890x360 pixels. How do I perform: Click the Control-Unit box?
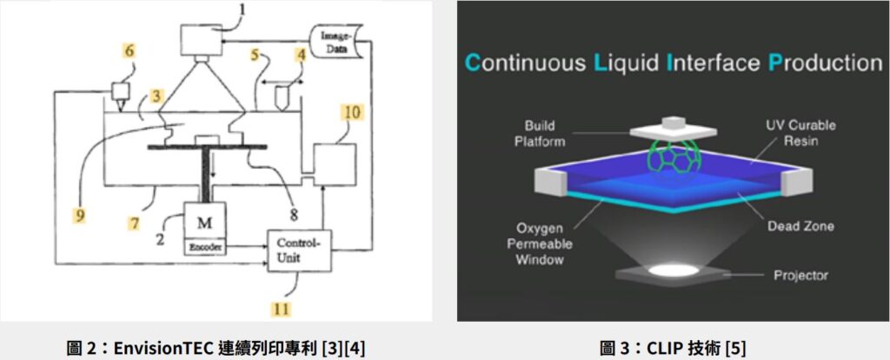pos(300,250)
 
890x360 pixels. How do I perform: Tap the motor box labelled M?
pos(204,222)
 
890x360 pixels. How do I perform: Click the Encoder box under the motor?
pos(204,248)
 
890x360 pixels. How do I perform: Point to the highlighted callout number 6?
pos(130,51)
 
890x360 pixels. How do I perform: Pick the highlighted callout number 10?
pos(352,111)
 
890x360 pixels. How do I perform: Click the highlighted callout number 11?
pos(282,310)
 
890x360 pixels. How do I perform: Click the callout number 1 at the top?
pos(242,10)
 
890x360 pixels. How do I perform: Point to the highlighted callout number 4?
pos(300,56)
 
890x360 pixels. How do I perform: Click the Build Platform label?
pos(540,133)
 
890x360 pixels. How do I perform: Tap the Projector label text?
pos(800,276)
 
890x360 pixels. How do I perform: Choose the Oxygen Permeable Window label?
pos(540,244)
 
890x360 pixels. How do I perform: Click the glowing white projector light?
pos(673,270)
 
